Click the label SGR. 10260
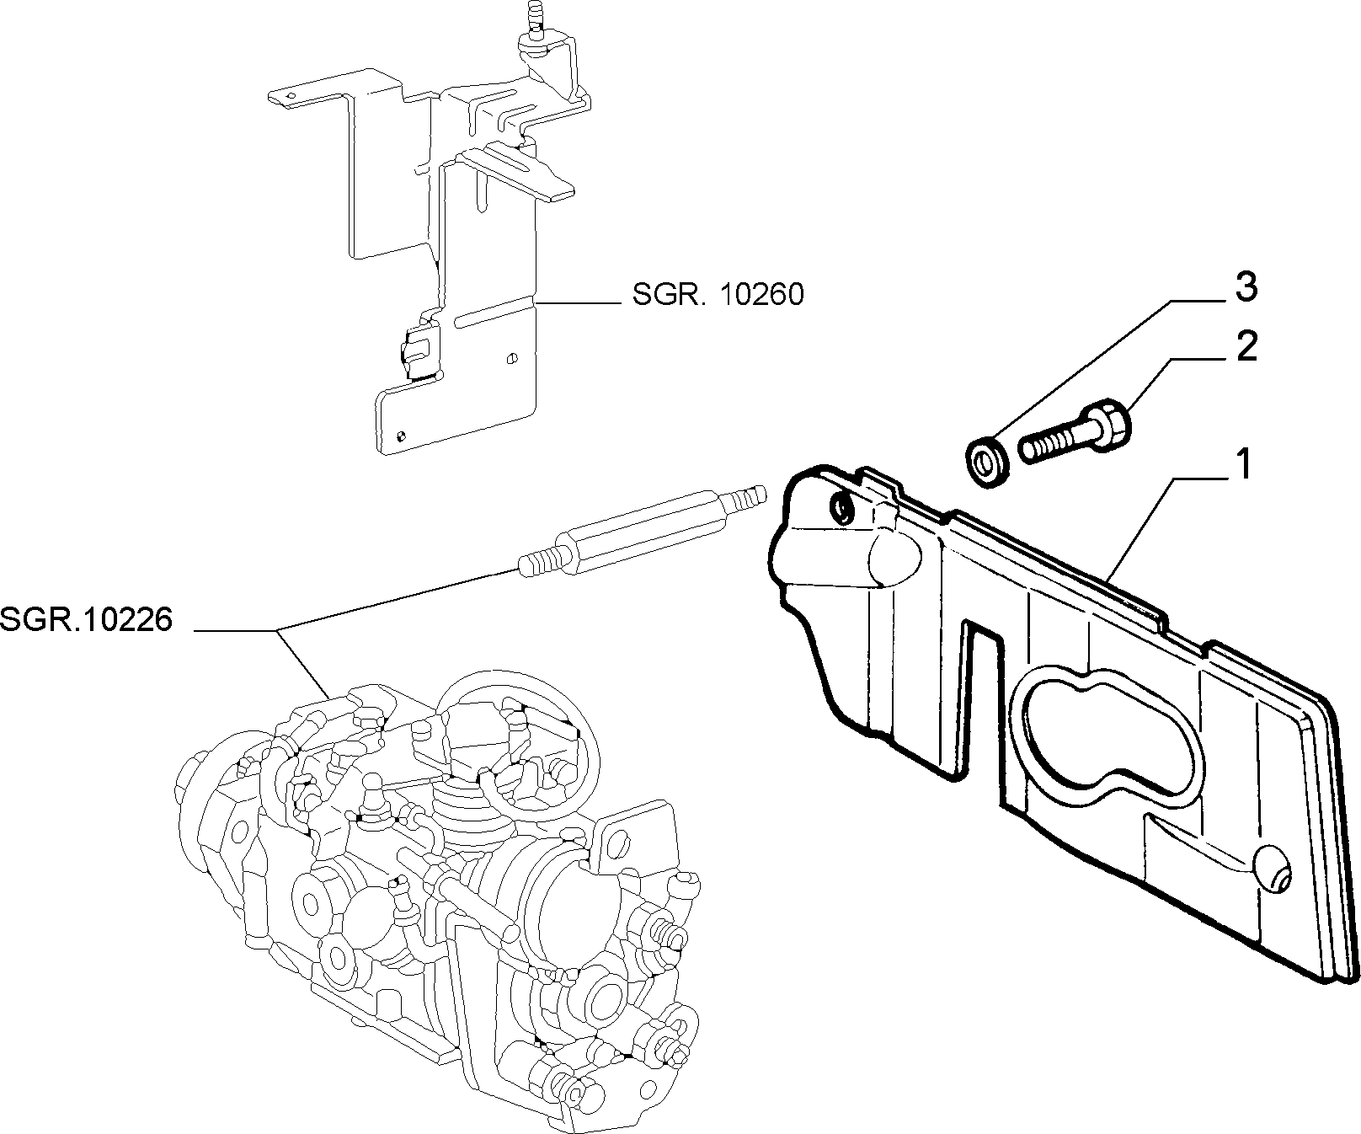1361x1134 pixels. point(718,294)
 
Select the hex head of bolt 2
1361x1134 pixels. point(1109,421)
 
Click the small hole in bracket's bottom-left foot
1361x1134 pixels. point(400,436)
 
